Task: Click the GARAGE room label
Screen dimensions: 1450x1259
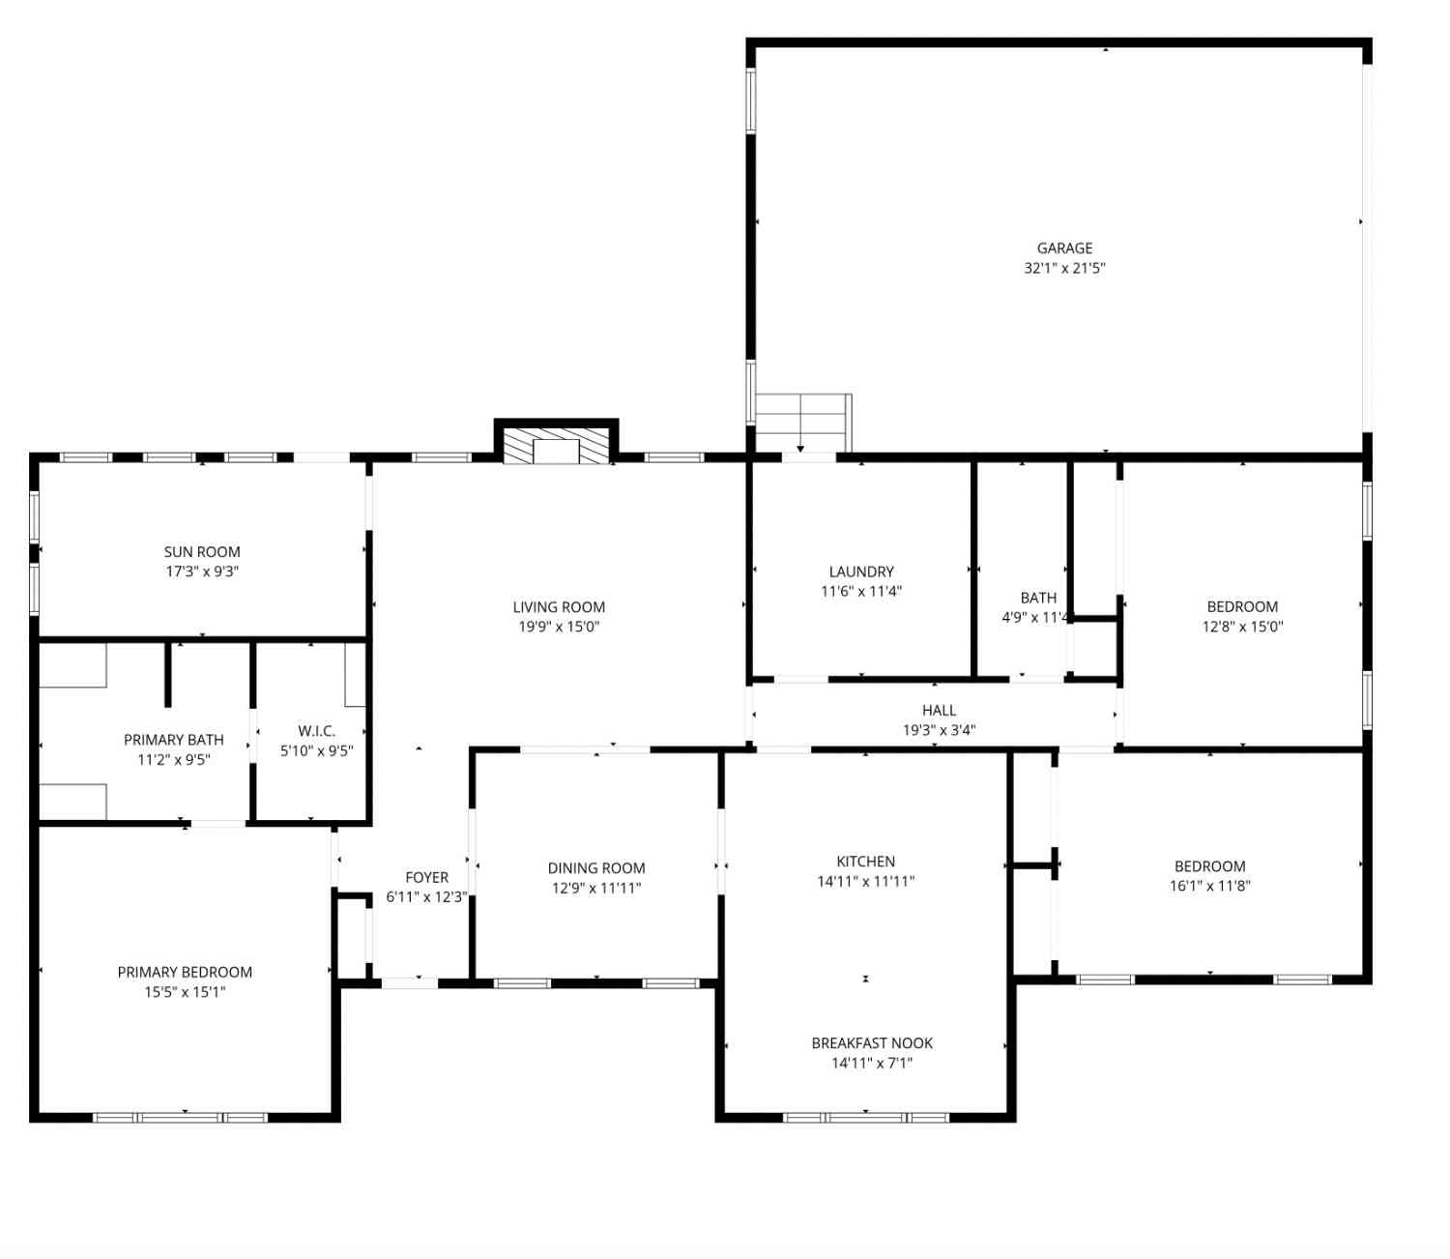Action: coord(1063,249)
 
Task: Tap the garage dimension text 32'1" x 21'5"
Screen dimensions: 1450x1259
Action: coord(1063,268)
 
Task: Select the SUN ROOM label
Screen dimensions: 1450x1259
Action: coord(202,551)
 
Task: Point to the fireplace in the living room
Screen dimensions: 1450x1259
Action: coord(556,445)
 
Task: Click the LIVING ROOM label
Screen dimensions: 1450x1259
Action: coord(559,607)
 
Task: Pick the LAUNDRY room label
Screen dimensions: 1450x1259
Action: coord(861,571)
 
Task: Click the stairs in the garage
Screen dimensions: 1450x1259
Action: coord(803,423)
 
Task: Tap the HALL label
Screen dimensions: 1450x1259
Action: coord(939,710)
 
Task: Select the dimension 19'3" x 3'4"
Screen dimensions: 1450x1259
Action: coord(939,730)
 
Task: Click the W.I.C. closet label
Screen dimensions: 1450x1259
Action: coord(316,730)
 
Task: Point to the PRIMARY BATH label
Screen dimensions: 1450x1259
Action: coord(174,740)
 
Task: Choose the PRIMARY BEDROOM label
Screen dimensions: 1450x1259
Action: coord(185,972)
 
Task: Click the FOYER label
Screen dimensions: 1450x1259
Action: coord(426,877)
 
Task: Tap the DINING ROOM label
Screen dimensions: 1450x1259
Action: coord(596,867)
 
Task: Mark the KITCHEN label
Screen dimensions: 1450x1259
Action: coord(865,862)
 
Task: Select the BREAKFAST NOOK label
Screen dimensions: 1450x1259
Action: coord(872,1042)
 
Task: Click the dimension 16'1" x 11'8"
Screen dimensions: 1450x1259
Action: coord(1209,886)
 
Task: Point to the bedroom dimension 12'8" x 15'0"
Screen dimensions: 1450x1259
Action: coord(1242,627)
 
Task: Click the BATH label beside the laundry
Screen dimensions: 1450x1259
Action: coord(1038,598)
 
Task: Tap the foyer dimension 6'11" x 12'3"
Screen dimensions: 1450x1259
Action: coord(426,896)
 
